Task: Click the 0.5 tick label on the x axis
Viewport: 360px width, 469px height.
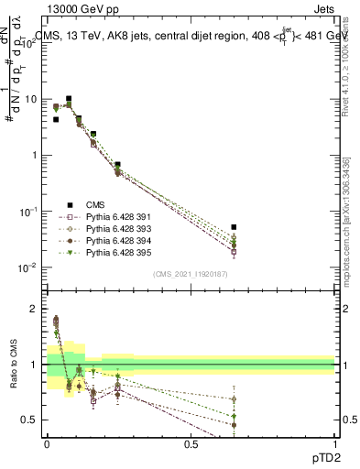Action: point(191,443)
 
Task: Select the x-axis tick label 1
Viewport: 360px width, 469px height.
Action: point(335,443)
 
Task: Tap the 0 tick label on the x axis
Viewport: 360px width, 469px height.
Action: point(47,443)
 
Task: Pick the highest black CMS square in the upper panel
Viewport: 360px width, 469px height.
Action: point(69,98)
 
